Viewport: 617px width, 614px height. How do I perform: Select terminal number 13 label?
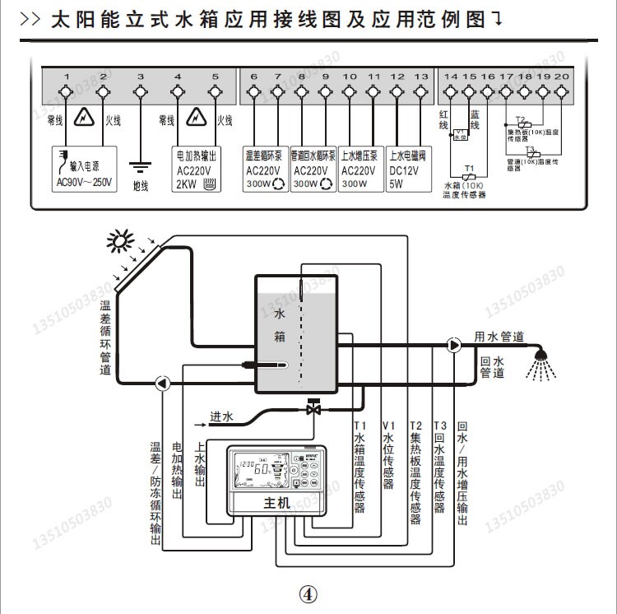tap(422, 76)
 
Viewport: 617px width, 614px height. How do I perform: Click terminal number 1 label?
tap(67, 76)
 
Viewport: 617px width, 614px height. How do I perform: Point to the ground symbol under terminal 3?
tap(141, 165)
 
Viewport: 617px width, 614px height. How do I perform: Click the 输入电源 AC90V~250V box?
tap(85, 167)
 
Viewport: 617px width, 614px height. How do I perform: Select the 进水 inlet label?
tap(220, 417)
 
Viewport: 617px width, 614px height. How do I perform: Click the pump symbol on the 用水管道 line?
tap(455, 345)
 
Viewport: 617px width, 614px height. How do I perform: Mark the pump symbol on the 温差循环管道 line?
tap(161, 382)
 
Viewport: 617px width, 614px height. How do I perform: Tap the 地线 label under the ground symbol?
tap(141, 186)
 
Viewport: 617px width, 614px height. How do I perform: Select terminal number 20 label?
tap(561, 76)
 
